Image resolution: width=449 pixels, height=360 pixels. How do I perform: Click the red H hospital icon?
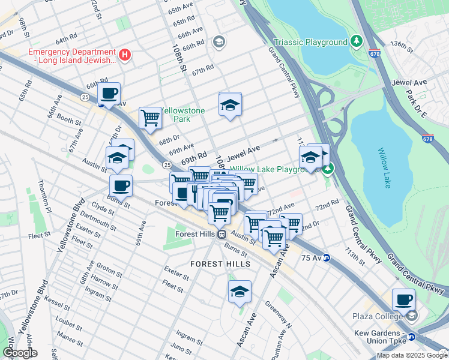click(x=125, y=55)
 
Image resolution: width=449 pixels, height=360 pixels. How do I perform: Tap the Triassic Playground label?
click(x=310, y=42)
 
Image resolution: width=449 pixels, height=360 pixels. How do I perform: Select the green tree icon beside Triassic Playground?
click(x=357, y=41)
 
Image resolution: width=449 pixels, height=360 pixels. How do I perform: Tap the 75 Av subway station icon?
click(x=327, y=258)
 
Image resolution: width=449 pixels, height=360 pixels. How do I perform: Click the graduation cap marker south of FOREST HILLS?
click(x=240, y=292)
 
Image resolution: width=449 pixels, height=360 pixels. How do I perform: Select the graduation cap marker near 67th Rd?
click(x=230, y=104)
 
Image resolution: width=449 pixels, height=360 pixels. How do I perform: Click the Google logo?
click(x=19, y=353)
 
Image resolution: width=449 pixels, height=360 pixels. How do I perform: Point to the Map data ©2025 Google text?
click(x=411, y=355)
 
